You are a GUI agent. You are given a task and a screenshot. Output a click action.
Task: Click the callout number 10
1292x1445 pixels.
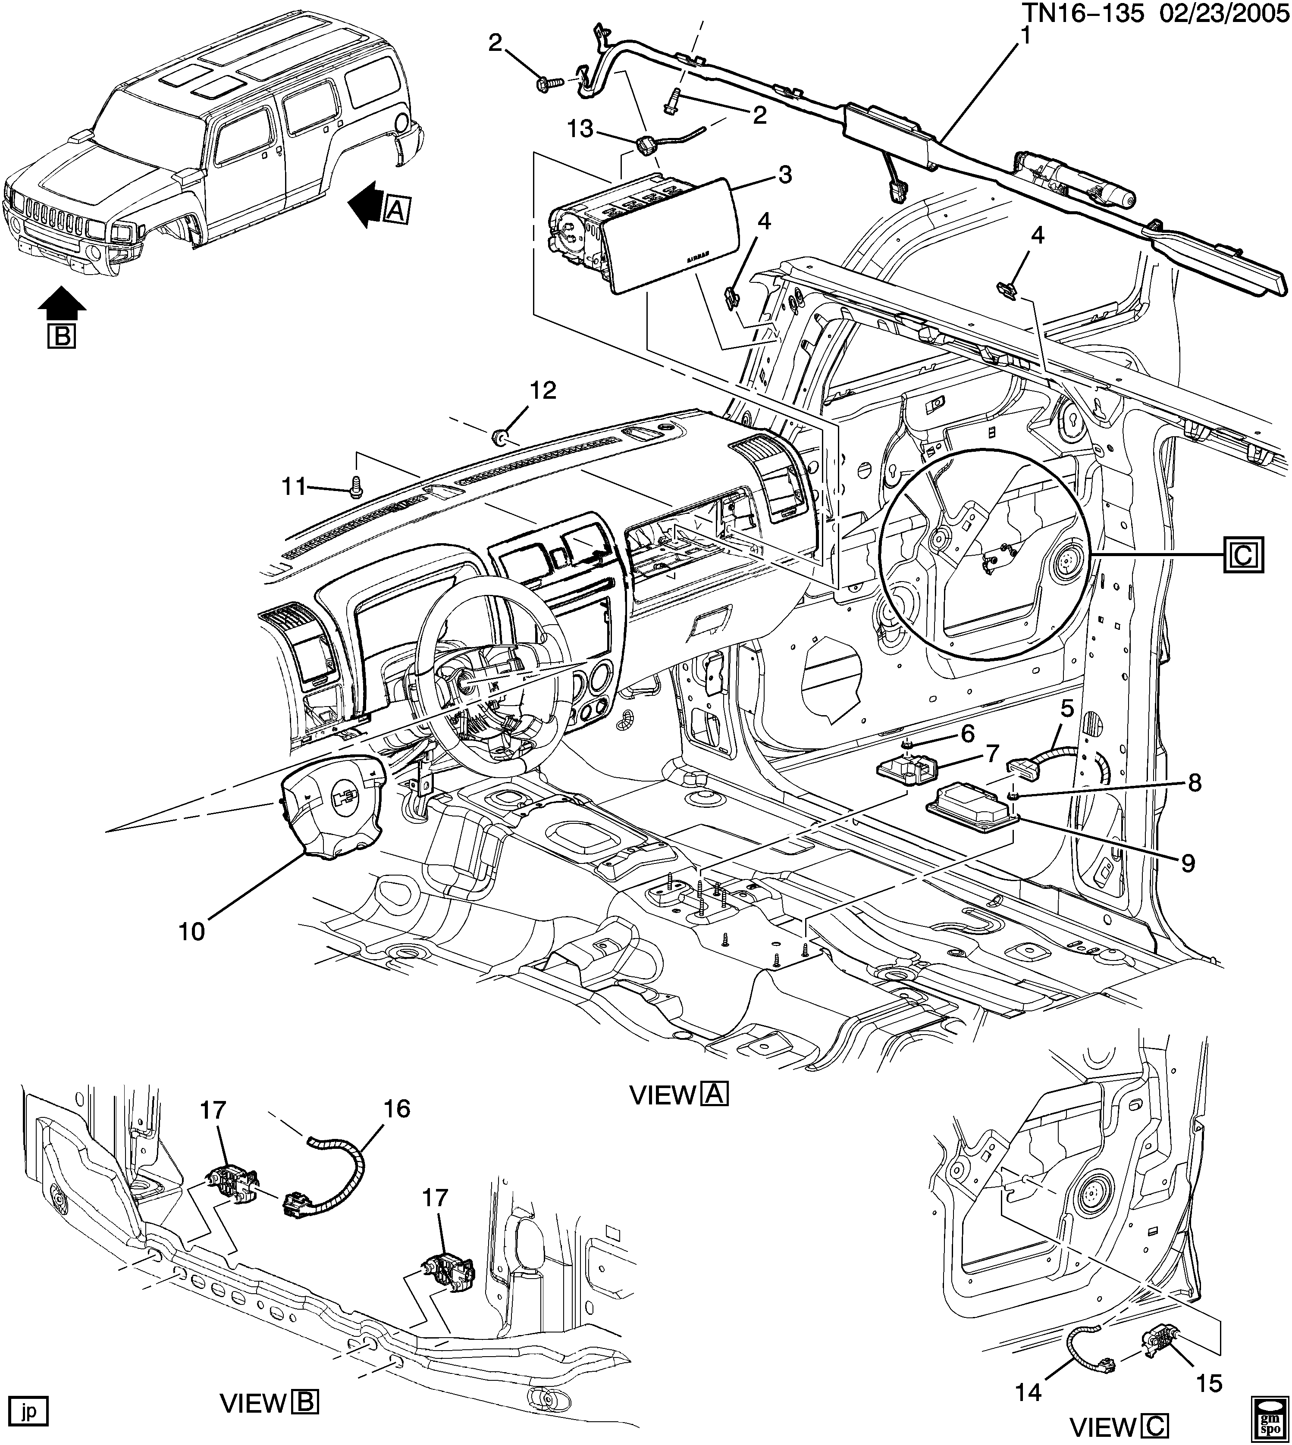coord(191,930)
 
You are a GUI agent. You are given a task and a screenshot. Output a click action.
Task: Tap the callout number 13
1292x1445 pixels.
coord(580,129)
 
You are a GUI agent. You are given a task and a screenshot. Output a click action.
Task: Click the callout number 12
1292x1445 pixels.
coord(543,391)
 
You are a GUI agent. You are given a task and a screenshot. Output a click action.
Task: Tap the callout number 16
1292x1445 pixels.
coord(397,1108)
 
